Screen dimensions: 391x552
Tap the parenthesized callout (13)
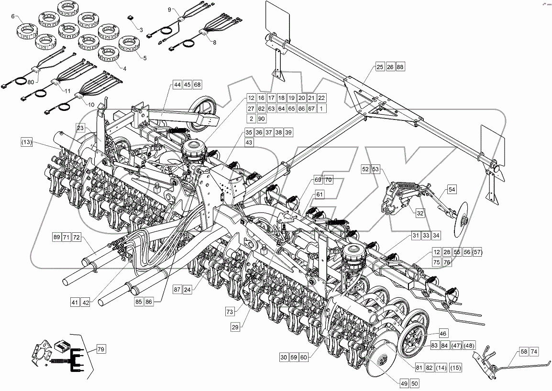[x=27, y=142]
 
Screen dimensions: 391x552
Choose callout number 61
[x=320, y=195]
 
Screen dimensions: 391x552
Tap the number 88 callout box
[x=400, y=67]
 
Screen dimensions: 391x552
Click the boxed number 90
[x=261, y=119]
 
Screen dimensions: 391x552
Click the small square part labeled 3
[x=131, y=17]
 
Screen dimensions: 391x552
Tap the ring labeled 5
[x=128, y=44]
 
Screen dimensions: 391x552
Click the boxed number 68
[x=197, y=85]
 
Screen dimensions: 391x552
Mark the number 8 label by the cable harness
[x=214, y=42]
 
